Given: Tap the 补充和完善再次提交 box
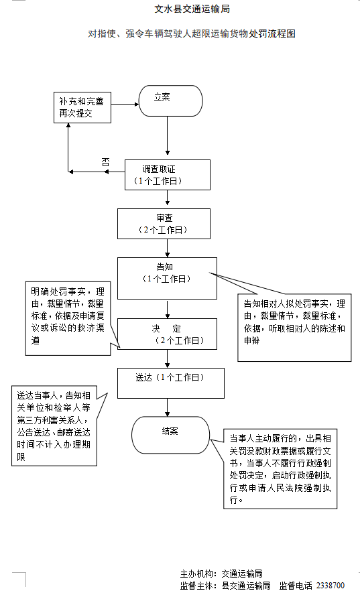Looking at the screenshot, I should (81, 108).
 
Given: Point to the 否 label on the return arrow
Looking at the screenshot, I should (105, 162).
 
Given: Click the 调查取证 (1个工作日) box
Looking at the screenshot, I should (168, 175).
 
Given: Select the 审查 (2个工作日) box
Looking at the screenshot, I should (164, 223).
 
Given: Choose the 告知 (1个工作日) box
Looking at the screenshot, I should (167, 277).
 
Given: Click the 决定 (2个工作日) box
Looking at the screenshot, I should (167, 334).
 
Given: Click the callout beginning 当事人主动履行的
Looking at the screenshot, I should (280, 468).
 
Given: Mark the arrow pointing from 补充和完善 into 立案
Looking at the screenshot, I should (123, 105).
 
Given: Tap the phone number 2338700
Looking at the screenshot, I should (330, 585).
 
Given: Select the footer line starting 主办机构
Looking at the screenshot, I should (221, 574).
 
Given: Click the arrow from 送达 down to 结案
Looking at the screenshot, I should (168, 407).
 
